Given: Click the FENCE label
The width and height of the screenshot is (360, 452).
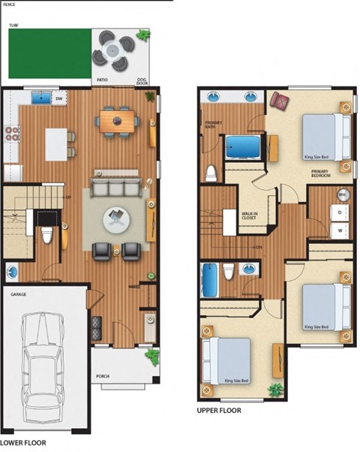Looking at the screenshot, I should click(9, 4).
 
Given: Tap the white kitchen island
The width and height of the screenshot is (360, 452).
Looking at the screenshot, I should click(56, 144).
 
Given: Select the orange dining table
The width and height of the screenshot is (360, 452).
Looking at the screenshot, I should click(117, 121).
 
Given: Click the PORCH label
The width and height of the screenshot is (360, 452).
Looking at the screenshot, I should click(103, 376).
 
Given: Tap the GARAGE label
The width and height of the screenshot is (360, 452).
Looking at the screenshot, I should click(18, 294).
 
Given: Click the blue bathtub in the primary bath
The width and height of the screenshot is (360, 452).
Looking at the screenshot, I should click(242, 148).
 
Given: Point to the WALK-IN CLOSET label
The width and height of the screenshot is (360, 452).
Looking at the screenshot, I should click(249, 215).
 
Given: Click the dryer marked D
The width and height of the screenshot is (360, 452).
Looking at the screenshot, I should click(340, 214).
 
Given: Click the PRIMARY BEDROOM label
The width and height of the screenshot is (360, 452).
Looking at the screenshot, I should click(321, 174).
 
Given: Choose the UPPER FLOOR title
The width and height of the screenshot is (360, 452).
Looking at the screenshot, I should click(218, 411).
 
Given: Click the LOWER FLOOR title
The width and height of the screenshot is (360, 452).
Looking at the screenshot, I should click(23, 443).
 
